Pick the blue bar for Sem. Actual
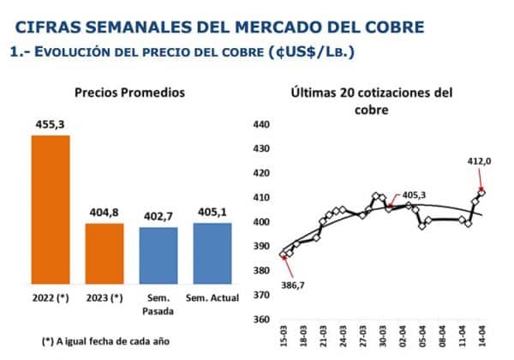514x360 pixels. [x=212, y=255]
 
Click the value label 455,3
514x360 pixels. [x=51, y=124]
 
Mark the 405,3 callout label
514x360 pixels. [x=413, y=195]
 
